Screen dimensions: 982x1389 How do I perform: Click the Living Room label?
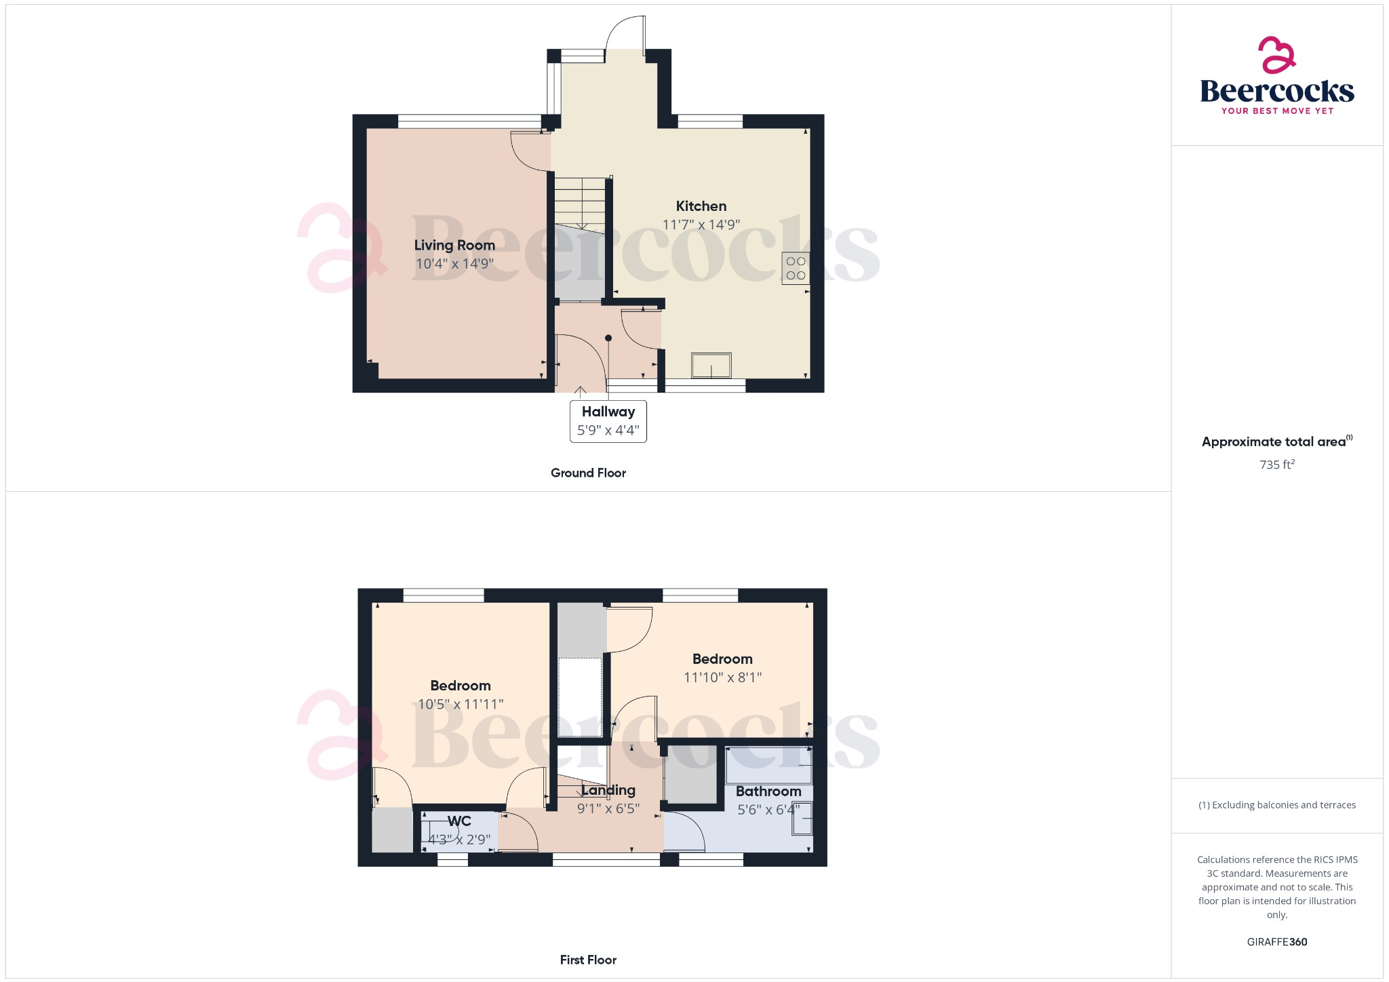point(454,245)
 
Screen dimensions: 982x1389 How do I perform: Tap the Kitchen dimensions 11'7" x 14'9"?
point(701,224)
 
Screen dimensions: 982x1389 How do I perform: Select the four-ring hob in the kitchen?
point(796,269)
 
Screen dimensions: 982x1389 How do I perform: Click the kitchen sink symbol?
point(711,366)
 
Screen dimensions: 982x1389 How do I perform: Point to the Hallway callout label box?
point(608,421)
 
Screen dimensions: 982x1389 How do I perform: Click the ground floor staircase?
point(580,203)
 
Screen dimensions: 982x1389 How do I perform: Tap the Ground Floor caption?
point(588,473)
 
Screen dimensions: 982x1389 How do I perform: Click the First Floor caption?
point(588,960)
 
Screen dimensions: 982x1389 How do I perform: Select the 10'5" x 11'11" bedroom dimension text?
point(460,704)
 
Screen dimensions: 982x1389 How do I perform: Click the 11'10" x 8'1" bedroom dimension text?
point(722,677)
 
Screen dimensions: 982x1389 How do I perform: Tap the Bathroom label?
point(768,791)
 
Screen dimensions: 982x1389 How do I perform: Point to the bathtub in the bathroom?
point(768,764)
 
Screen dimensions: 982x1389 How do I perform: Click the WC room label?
point(459,821)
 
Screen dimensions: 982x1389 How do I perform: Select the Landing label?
point(608,790)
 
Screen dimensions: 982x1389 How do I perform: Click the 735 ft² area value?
point(1276,465)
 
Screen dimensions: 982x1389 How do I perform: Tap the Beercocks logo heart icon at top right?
point(1276,55)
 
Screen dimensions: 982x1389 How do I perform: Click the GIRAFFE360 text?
point(1276,941)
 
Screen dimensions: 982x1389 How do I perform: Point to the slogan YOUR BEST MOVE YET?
point(1277,111)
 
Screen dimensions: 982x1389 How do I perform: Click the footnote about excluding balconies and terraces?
point(1276,805)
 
